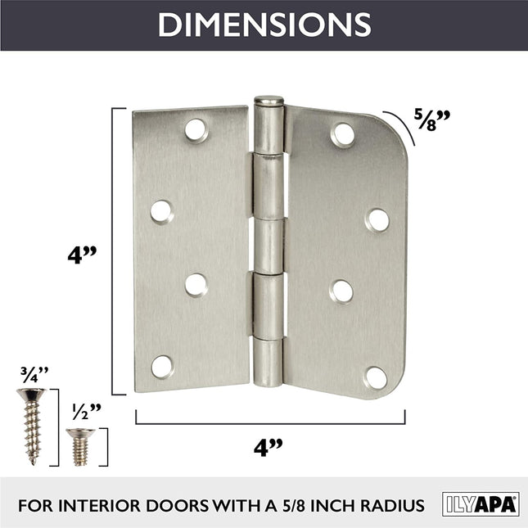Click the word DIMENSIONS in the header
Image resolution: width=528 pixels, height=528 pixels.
[264, 25]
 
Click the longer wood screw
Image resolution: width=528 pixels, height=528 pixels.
[32, 426]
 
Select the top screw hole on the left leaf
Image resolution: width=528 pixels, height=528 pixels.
[196, 129]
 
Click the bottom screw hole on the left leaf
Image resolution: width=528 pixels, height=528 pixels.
[161, 366]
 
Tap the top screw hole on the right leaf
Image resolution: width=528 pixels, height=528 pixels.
[342, 133]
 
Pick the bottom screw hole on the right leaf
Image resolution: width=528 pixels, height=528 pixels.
[376, 377]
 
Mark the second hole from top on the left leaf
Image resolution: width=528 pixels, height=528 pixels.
[161, 210]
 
